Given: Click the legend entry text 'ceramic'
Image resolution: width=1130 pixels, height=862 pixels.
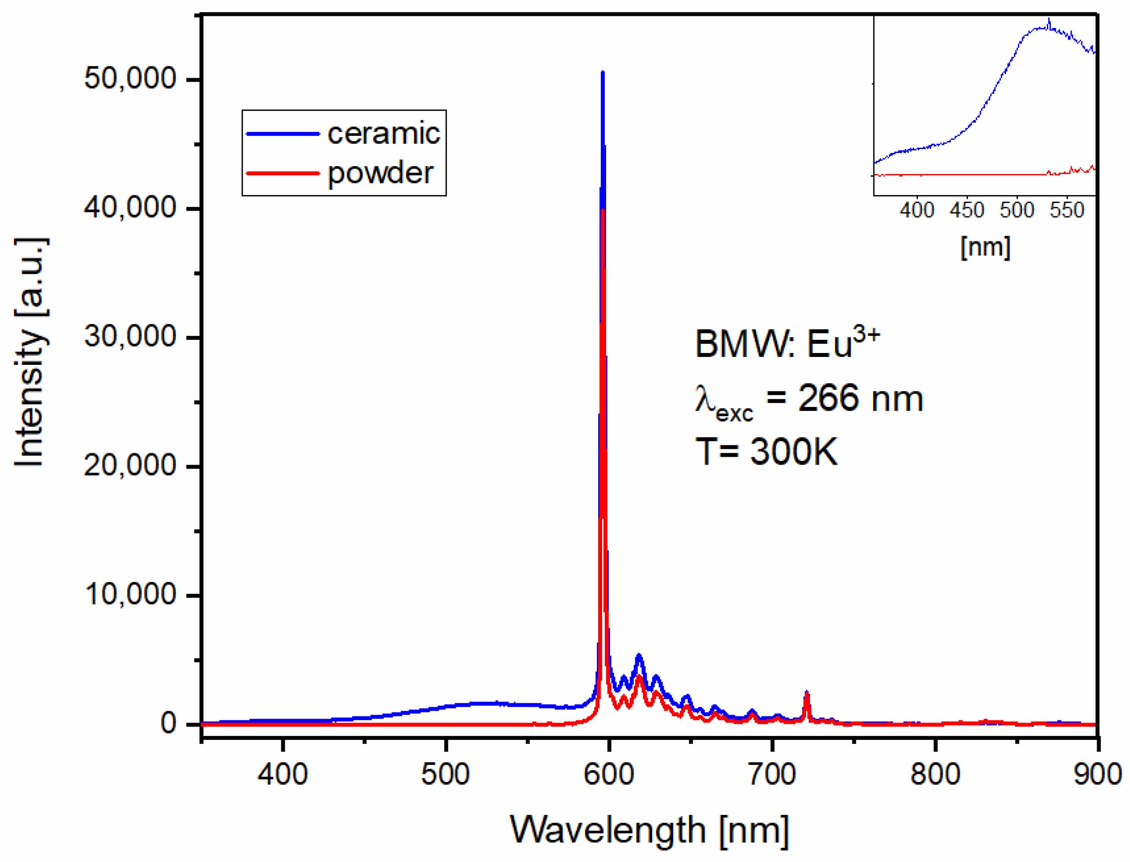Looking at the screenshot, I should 383,134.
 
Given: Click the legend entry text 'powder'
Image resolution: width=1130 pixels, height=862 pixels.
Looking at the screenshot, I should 380,174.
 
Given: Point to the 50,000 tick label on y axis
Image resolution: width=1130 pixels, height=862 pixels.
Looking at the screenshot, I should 130,79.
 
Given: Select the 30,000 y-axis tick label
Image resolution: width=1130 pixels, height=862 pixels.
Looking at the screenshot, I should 130,337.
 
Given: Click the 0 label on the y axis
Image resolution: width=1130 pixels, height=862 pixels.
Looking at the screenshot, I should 168,724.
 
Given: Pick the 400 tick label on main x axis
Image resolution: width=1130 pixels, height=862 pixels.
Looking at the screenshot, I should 283,774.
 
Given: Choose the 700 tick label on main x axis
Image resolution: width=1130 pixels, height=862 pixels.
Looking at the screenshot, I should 772,774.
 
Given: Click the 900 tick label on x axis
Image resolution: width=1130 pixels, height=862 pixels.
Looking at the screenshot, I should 1097,774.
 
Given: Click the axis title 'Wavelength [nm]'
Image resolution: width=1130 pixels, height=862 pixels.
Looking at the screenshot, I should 649,830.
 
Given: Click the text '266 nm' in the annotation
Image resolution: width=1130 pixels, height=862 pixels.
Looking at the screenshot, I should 860,398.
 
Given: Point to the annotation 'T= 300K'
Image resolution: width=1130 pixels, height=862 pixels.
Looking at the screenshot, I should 766,451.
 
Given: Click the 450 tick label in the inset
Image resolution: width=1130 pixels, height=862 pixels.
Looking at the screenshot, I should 967,211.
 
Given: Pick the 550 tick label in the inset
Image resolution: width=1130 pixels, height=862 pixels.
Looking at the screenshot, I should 1067,211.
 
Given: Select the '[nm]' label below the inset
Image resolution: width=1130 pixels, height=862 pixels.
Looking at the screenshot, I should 985,247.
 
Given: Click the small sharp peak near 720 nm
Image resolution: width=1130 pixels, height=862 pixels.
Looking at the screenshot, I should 807,693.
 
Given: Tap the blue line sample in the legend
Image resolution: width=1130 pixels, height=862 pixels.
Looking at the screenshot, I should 283,134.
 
